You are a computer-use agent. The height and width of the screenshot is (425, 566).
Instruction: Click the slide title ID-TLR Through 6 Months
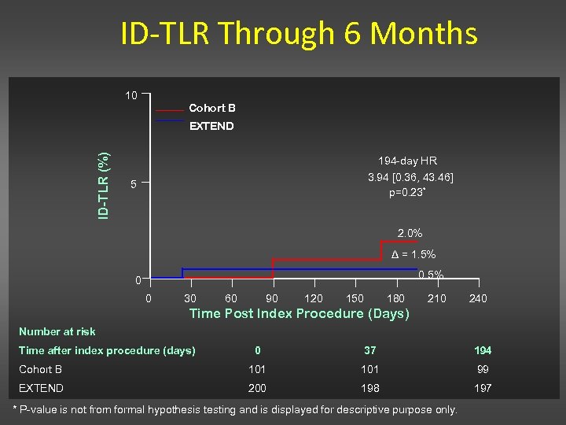point(299,34)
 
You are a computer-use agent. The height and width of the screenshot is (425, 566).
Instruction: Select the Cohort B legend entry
point(211,108)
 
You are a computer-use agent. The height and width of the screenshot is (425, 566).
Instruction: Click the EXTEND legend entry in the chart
point(211,126)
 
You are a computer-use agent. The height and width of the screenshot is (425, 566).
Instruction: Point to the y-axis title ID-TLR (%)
point(103,185)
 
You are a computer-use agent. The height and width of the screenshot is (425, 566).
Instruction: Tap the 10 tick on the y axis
point(131,96)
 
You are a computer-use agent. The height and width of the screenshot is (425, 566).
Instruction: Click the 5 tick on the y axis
point(133,185)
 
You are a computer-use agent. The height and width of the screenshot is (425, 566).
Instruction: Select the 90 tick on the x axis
point(272,298)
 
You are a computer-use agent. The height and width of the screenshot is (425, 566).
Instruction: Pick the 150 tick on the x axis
point(355,298)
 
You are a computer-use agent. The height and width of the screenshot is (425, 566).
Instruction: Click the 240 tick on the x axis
point(477,298)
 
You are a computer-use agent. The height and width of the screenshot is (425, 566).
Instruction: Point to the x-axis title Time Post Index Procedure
point(300,314)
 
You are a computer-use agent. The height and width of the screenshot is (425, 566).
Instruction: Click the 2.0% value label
point(410,233)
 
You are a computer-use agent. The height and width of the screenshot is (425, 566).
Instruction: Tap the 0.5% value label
point(431,275)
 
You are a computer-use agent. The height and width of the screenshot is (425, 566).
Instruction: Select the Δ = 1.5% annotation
point(413,254)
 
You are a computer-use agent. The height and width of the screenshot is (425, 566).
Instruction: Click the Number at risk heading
point(57,331)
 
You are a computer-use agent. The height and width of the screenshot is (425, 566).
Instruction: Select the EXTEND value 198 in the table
point(369,388)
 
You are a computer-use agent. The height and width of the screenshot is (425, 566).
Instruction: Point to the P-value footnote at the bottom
point(236,410)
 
